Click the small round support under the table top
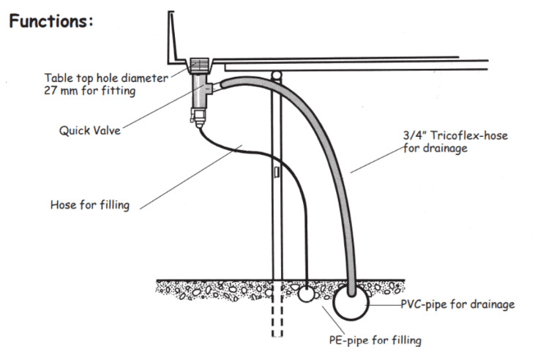point(275,74)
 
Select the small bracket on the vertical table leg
point(275,173)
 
